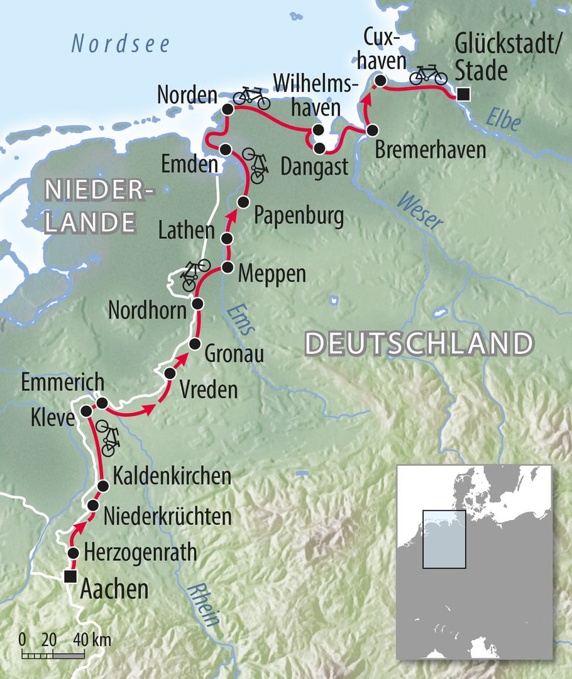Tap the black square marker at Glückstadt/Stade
pyautogui.click(x=463, y=95)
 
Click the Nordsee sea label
pyautogui.click(x=121, y=44)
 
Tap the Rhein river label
pyautogui.click(x=205, y=604)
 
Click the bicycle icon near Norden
pyautogui.click(x=251, y=97)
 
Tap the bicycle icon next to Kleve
pyautogui.click(x=108, y=438)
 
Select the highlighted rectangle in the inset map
pyautogui.click(x=444, y=539)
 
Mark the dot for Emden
pyautogui.click(x=226, y=149)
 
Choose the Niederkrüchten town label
pyautogui.click(x=167, y=517)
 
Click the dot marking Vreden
pyautogui.click(x=170, y=373)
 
